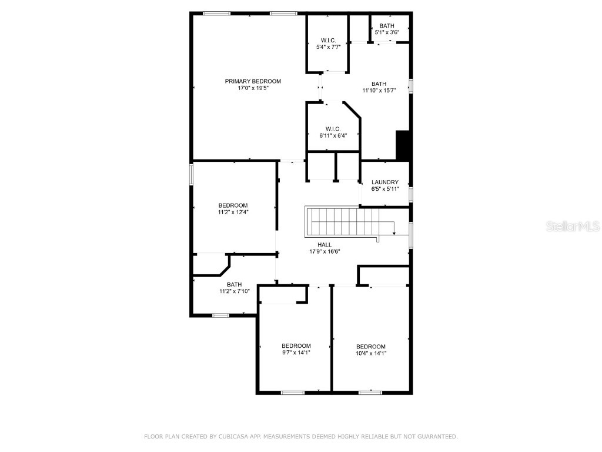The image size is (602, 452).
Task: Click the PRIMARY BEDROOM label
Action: [x=253, y=81]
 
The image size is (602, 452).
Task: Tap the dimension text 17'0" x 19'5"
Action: [x=253, y=88]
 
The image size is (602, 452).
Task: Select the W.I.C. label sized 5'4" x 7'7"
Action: [x=328, y=40]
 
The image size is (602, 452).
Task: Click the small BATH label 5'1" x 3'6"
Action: [x=387, y=26]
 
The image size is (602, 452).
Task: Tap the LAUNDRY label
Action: [x=385, y=182]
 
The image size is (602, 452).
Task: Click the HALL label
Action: [x=325, y=245]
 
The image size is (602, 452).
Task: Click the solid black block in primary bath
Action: [x=403, y=145]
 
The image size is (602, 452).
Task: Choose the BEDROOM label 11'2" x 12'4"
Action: [x=233, y=205]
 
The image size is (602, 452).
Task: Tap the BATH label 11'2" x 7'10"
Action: [x=234, y=284]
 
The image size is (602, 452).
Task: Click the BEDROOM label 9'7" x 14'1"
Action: [x=296, y=345]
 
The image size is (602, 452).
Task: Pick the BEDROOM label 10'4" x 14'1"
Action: [x=371, y=347]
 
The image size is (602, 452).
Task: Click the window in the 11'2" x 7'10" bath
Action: [x=221, y=315]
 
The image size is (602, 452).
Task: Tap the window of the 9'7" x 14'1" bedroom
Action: [x=292, y=393]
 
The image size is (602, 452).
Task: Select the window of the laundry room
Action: [x=410, y=194]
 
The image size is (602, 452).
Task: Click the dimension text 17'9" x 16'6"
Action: [x=325, y=252]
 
